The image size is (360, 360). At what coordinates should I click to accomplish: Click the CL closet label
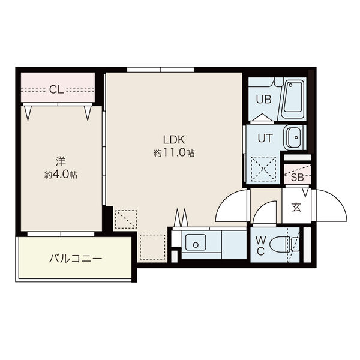[x=56, y=89]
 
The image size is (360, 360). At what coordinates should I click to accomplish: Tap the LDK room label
[x=174, y=140]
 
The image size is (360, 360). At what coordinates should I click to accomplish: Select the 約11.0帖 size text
[x=174, y=153]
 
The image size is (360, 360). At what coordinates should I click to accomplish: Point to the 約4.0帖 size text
[x=61, y=175]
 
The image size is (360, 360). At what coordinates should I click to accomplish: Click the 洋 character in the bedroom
[x=61, y=161]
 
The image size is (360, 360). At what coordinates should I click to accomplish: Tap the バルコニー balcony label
[x=76, y=259]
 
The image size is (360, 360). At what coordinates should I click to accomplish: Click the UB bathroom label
[x=264, y=100]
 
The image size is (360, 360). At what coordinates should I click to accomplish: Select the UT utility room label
[x=265, y=138]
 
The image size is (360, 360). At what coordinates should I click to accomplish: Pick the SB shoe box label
[x=298, y=177]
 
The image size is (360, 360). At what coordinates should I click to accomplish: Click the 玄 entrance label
[x=296, y=207]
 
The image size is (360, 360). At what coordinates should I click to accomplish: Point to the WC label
[x=260, y=246]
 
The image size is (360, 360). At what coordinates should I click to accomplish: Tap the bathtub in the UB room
[x=293, y=99]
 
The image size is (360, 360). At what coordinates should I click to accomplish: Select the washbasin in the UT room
[x=295, y=137]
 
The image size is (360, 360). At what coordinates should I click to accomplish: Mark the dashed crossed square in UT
[x=263, y=169]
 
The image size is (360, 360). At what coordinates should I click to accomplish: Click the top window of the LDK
[x=161, y=70]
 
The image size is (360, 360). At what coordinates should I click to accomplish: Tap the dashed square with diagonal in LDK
[x=126, y=219]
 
